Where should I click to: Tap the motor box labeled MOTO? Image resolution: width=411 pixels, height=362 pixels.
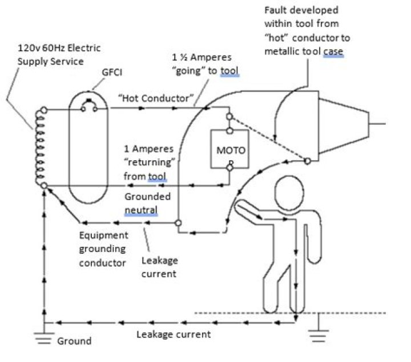(229, 149)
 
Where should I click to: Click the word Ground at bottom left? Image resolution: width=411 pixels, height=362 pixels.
(74, 341)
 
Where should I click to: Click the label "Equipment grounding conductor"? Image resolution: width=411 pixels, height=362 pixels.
(103, 249)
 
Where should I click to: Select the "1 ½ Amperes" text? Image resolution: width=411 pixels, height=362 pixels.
(201, 58)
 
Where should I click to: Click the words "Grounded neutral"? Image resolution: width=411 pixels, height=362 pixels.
(147, 204)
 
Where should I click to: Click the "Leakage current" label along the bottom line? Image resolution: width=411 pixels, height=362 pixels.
(174, 335)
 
